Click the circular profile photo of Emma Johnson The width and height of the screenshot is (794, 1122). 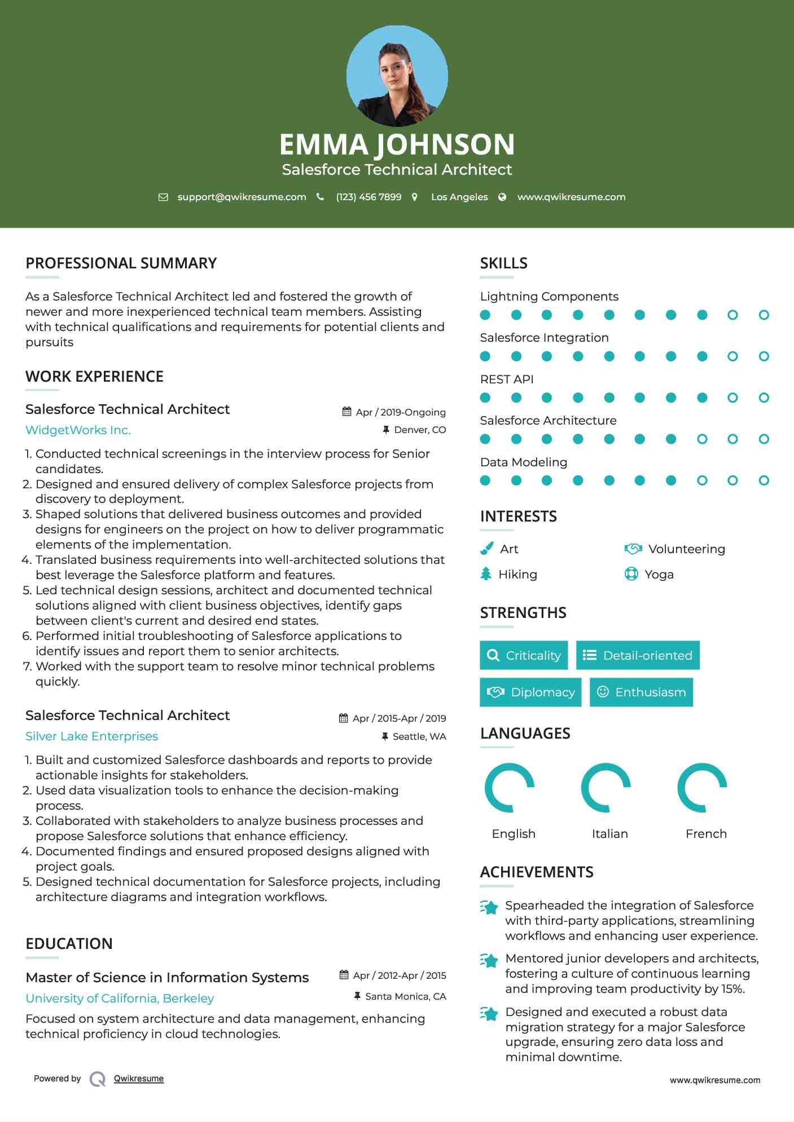[x=397, y=76]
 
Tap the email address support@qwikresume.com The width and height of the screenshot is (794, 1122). [x=242, y=197]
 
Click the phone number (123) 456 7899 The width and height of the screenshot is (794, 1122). [x=369, y=197]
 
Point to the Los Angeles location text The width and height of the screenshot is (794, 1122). [x=459, y=197]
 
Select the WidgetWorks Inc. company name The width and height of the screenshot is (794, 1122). [x=78, y=430]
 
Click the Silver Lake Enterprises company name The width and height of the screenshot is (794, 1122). [x=91, y=736]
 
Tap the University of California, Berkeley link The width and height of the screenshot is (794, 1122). [x=120, y=999]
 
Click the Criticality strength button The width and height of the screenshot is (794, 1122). [x=524, y=655]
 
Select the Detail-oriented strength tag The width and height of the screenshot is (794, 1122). [x=638, y=655]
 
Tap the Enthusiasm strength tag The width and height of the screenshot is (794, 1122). [x=641, y=692]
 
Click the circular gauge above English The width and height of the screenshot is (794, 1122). [x=510, y=788]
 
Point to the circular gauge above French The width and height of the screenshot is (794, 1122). [x=702, y=788]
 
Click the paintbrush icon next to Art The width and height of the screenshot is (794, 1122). [x=486, y=549]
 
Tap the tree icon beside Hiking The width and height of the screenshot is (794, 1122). [x=486, y=574]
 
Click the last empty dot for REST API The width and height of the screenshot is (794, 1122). [x=764, y=397]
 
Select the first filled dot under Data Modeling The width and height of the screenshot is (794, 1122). [x=485, y=480]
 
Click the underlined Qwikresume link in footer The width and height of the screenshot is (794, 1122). [x=139, y=1079]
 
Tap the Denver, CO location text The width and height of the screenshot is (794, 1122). [x=420, y=430]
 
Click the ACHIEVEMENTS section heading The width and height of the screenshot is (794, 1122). [x=537, y=872]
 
